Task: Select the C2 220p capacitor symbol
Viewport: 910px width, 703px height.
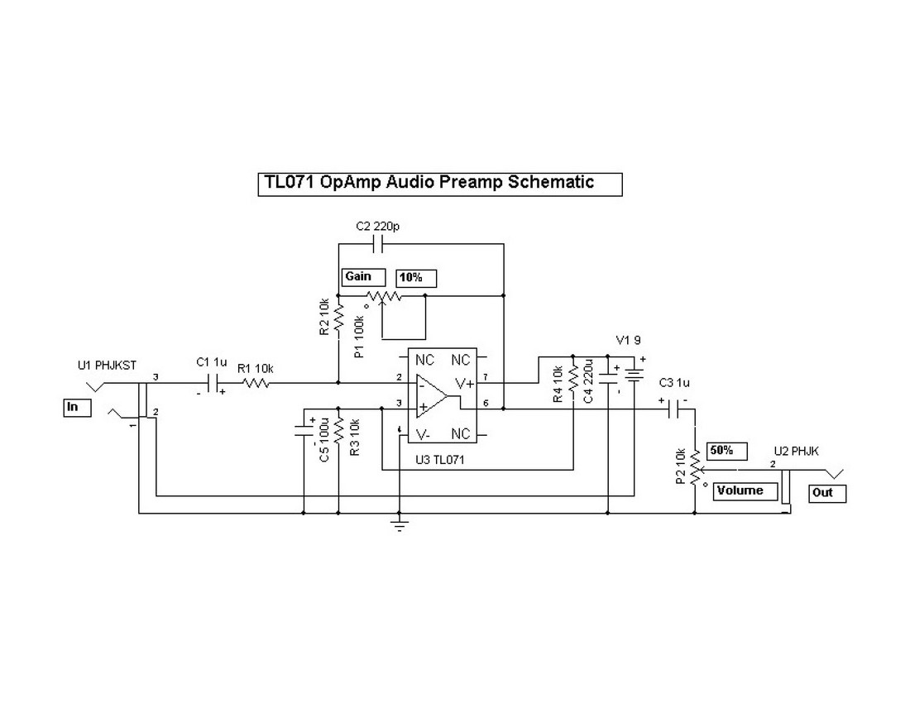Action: (378, 244)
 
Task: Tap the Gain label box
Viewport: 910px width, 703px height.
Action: (363, 277)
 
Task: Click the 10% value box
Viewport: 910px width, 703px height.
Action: (415, 278)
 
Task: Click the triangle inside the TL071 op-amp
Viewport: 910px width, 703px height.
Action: (431, 395)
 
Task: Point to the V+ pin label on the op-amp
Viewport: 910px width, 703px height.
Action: (464, 383)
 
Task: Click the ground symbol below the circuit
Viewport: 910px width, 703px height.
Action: (400, 525)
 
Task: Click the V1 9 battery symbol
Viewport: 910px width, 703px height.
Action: (635, 375)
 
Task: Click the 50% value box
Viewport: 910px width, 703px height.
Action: (727, 451)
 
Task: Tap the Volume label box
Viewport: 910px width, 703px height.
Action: (746, 491)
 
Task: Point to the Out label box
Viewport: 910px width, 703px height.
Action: (826, 493)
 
